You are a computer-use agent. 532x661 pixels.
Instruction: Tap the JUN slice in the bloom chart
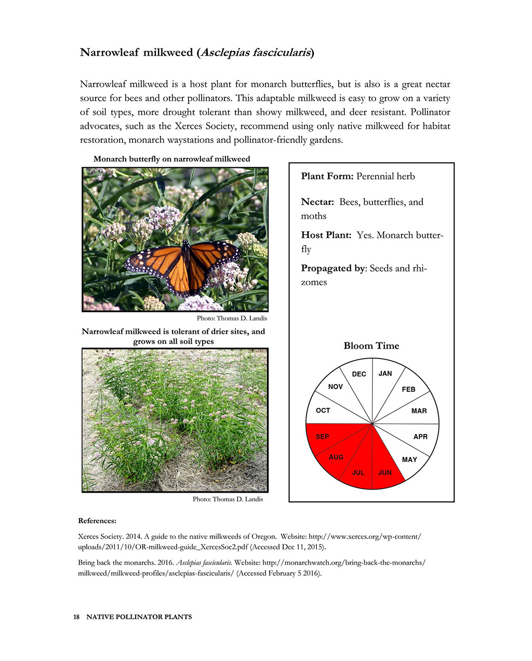pos(385,465)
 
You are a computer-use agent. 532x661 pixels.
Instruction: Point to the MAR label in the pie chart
pos(419,411)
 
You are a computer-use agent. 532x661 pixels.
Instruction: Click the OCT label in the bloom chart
pos(323,411)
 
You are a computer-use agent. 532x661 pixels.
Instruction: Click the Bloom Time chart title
pos(371,346)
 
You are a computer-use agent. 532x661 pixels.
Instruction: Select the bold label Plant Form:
pos(327,177)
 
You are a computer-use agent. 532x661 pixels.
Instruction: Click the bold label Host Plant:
pos(326,235)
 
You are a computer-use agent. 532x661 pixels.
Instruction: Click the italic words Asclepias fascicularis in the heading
pos(256,53)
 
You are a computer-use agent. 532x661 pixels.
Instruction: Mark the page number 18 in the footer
pos(76,617)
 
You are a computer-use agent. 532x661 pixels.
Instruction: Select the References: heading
pos(97,521)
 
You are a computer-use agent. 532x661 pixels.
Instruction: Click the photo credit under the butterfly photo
pos(232,318)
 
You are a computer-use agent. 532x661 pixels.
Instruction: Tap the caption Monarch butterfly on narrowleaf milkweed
pos(171,159)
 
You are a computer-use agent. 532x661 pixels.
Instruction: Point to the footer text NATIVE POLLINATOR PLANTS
pos(139,617)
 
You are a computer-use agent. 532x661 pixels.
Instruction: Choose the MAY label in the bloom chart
pos(409,459)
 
